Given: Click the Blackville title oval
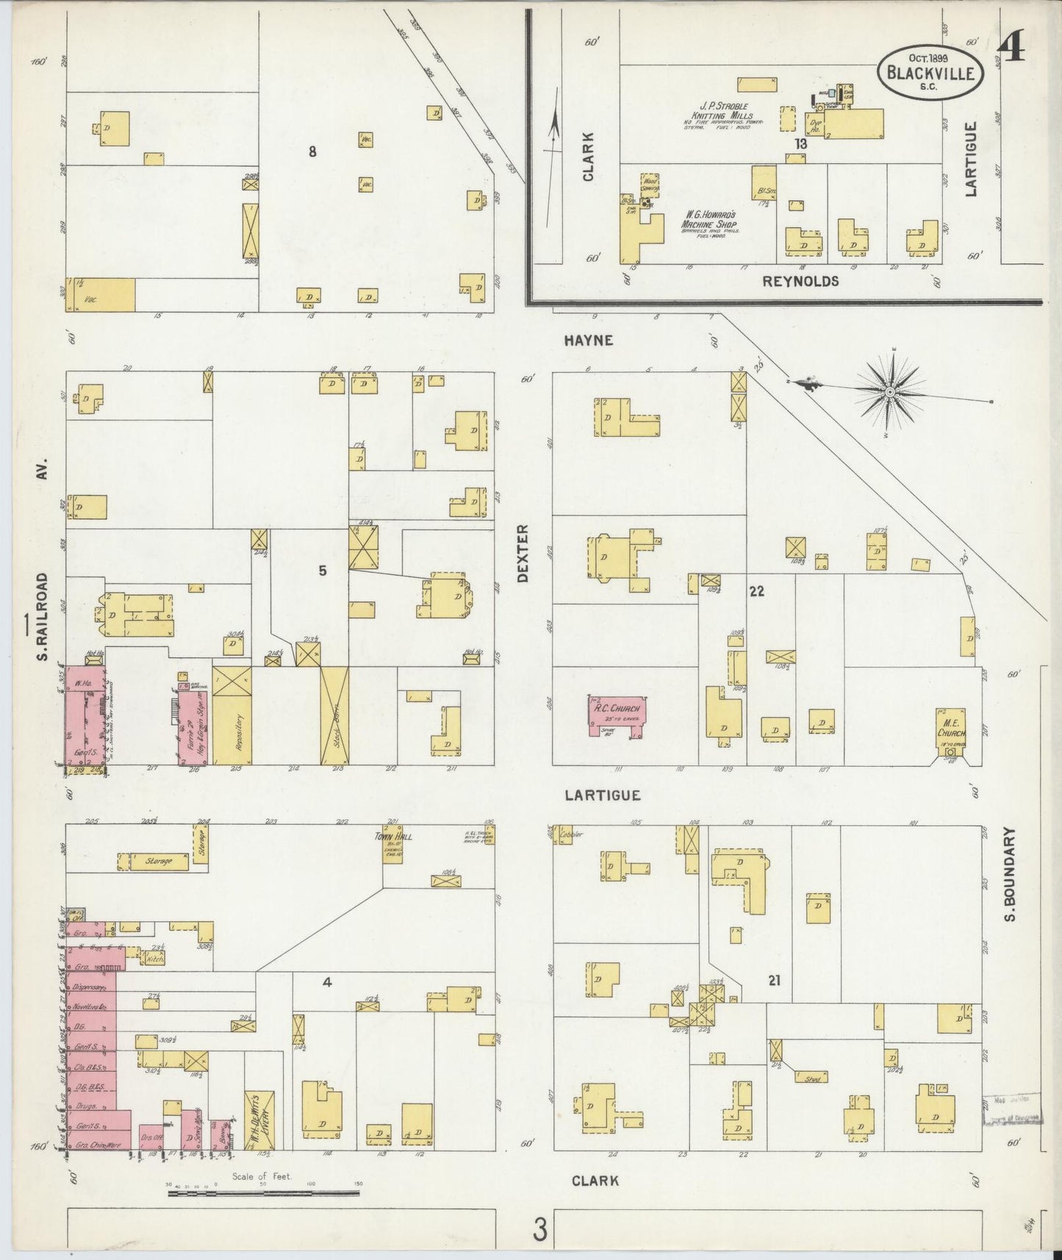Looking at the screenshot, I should [x=932, y=72].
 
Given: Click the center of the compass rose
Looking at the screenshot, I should [x=890, y=393].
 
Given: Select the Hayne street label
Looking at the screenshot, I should [x=589, y=340].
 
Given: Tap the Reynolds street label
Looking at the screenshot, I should [x=800, y=282].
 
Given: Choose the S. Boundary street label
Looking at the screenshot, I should [x=1010, y=875].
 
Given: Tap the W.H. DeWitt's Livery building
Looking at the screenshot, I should [x=259, y=1119].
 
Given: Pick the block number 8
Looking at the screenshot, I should [x=312, y=152].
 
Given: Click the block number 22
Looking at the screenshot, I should [x=756, y=590].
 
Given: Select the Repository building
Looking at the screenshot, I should [x=232, y=715].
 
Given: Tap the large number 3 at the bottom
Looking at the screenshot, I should [x=541, y=1230].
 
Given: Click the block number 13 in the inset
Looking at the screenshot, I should [x=800, y=144].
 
